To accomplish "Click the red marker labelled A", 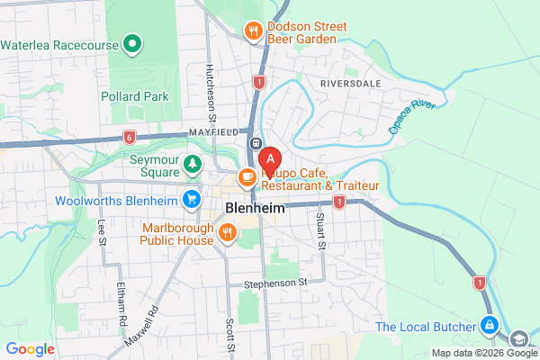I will (270, 160).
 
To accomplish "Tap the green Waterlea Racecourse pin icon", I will (132, 42).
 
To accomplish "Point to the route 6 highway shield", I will (130, 137).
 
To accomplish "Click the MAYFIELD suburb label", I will (212, 132).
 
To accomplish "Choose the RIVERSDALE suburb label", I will (350, 83).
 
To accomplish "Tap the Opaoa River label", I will (411, 115).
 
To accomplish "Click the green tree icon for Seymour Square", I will (192, 164).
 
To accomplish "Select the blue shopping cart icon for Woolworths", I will (191, 199).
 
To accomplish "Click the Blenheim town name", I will (253, 208).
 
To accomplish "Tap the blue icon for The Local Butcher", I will (488, 325).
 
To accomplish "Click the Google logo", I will (30, 349).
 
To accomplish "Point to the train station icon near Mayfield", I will (256, 143).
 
